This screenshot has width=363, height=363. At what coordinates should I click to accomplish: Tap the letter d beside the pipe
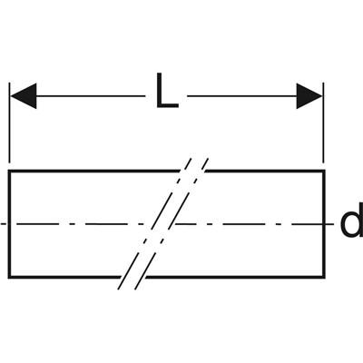pos(352,224)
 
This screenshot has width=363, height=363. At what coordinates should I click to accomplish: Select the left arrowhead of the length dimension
pos(24,96)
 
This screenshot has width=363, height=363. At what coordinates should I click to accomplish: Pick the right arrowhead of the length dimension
pos(309,96)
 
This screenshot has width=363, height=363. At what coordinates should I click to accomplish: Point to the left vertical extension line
pos(10,123)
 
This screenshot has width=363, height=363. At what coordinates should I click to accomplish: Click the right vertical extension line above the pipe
pos(323,123)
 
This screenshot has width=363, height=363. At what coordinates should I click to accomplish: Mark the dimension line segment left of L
pos(91,96)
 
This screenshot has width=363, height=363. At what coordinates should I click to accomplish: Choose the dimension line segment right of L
pos(242,96)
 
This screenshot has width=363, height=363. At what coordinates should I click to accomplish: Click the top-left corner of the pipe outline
pos(9,172)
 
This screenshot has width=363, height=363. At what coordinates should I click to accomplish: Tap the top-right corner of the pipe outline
pos(324,172)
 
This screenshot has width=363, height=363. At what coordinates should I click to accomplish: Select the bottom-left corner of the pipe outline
pos(9,276)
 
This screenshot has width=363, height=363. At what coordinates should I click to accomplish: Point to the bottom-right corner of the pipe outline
pos(324,276)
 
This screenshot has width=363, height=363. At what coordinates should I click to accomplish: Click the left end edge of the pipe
pos(9,224)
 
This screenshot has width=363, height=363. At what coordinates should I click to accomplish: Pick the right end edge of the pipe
pos(324,224)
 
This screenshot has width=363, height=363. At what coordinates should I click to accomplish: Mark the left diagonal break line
pos(155,224)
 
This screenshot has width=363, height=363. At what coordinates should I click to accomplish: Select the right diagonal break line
pos(172,224)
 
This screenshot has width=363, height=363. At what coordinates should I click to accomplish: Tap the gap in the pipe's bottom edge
pos(133,276)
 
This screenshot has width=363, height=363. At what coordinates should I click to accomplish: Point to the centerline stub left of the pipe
pos(4,224)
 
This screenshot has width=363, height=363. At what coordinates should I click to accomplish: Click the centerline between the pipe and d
pos(329,224)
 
